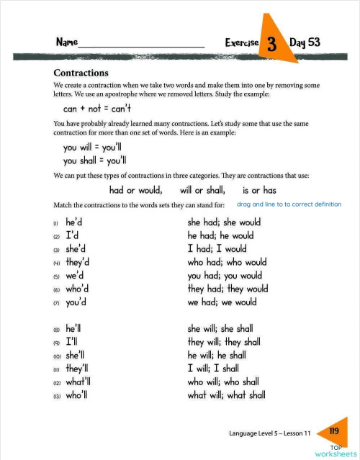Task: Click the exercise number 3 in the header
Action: click(x=272, y=44)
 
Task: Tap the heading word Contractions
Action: click(x=81, y=73)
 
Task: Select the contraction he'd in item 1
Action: click(x=78, y=222)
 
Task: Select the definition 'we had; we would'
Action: click(x=222, y=302)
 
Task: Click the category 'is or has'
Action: click(x=259, y=191)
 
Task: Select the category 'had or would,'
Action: click(x=136, y=191)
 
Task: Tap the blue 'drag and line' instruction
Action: click(x=289, y=204)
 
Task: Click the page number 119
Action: click(x=333, y=431)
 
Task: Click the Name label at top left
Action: click(x=67, y=43)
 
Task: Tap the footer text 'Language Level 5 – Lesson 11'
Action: click(x=269, y=435)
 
